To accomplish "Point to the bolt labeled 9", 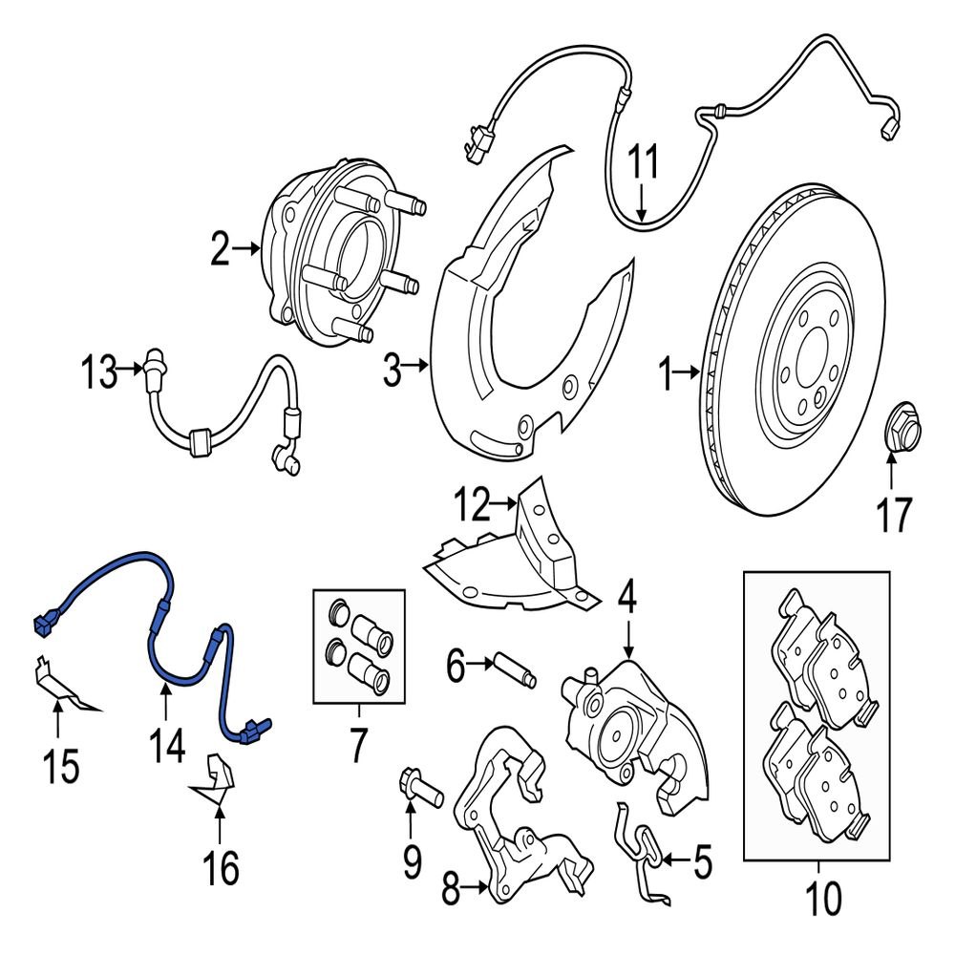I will (416, 789).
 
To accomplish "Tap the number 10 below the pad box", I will (820, 897).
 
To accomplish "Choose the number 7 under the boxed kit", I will (357, 746).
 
